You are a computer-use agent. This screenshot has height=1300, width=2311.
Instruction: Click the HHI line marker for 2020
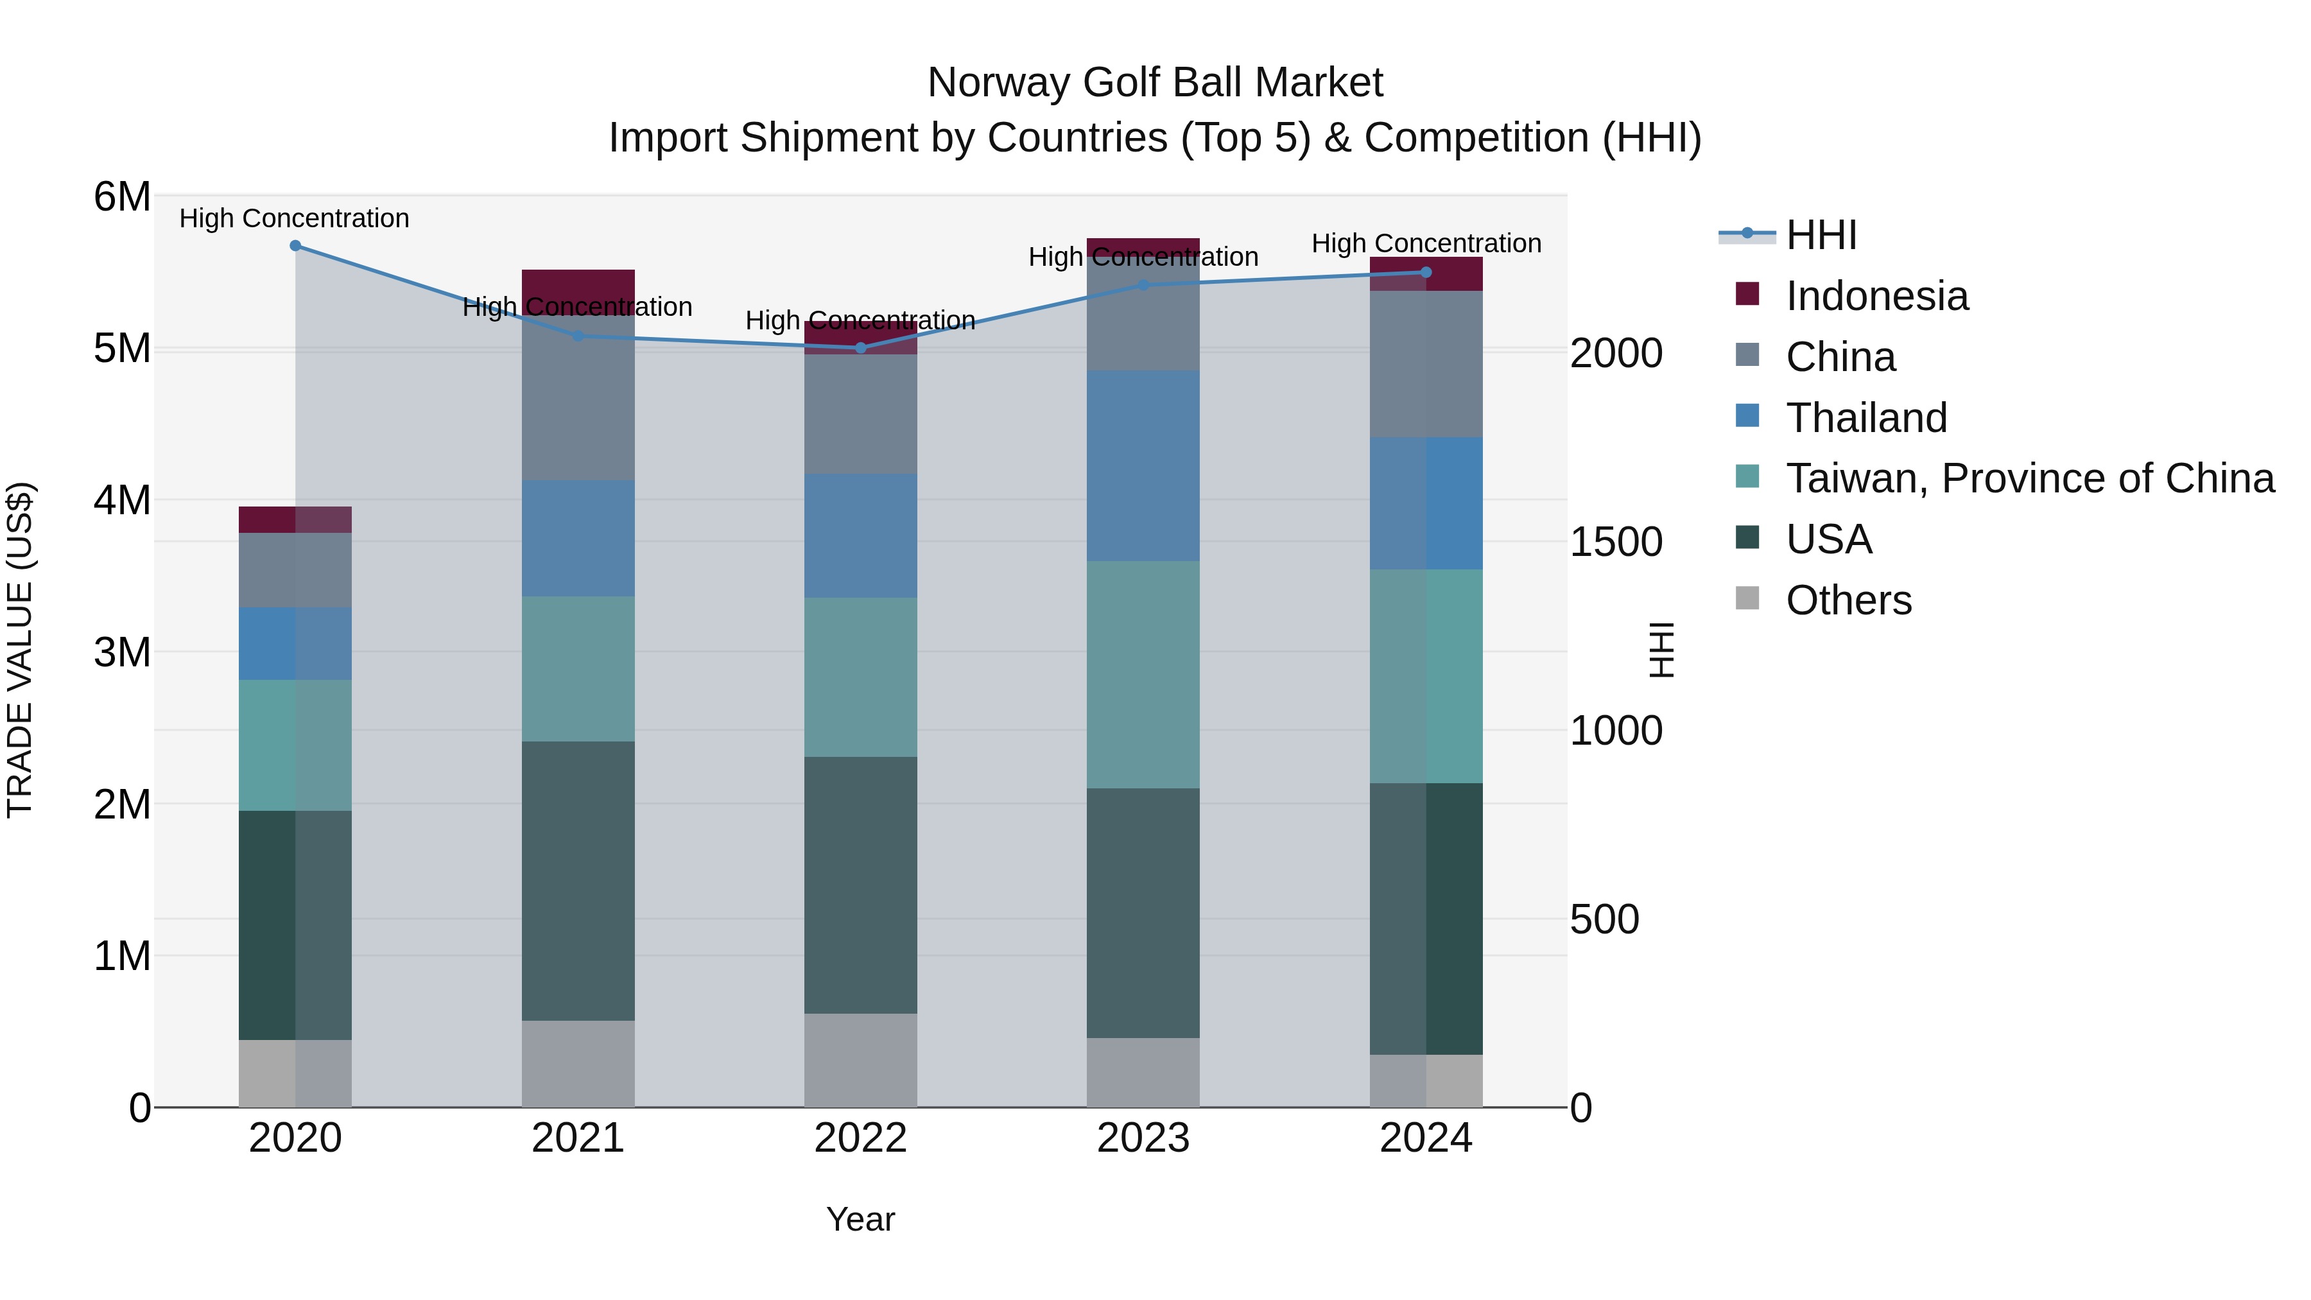coord(295,246)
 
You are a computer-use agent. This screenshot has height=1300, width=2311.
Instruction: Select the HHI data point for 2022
coord(860,348)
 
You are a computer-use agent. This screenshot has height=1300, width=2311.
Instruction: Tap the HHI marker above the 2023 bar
coord(1143,285)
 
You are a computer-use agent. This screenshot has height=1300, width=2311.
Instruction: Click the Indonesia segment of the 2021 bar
coord(578,284)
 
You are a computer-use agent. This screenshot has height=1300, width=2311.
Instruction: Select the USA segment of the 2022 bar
coord(860,885)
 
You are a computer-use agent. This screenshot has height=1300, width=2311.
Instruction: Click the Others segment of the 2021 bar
coord(578,1063)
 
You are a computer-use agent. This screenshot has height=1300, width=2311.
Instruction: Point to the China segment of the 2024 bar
coord(1426,363)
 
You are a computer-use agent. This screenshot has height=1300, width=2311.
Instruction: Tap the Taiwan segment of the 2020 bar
coord(295,745)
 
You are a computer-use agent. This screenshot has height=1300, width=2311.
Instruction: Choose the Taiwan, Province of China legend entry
coord(2029,478)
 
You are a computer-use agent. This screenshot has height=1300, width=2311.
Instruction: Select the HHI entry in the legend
coord(1821,235)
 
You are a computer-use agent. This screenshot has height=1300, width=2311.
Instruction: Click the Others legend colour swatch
coord(1747,598)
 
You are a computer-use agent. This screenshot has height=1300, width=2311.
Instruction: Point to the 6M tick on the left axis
coord(122,196)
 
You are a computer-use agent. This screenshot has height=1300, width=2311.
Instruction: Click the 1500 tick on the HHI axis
coord(1616,542)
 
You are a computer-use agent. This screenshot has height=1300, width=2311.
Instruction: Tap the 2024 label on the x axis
coord(1426,1138)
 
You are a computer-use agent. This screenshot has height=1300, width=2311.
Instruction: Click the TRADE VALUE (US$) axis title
coord(20,650)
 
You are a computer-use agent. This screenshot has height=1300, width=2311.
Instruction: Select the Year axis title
coord(860,1219)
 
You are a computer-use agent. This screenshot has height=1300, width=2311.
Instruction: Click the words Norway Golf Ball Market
coord(1155,83)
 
